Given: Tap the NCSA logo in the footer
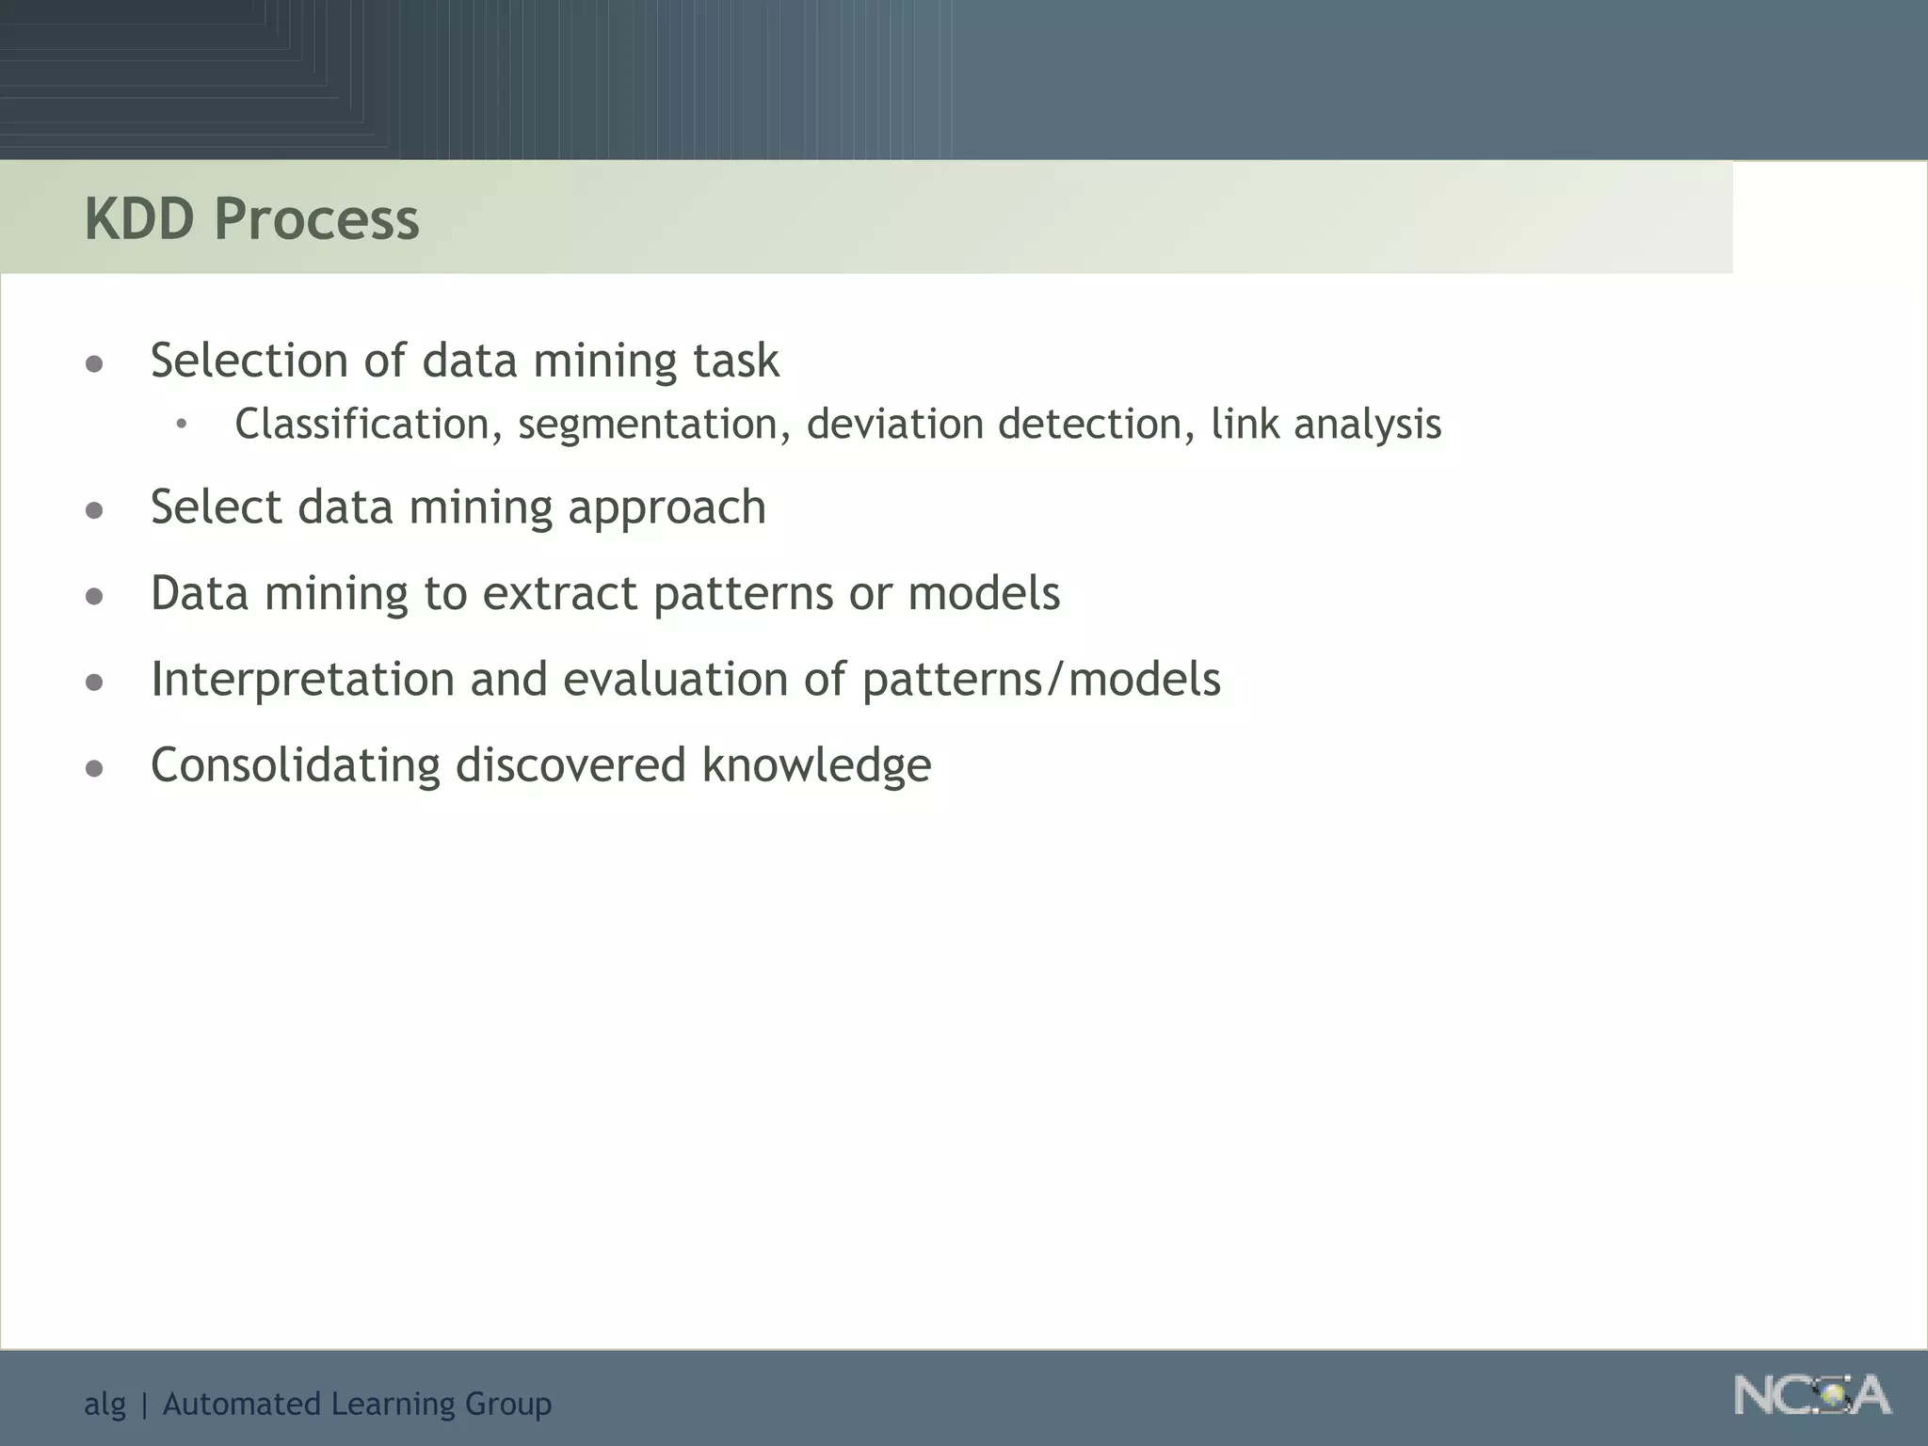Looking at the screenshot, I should [1811, 1396].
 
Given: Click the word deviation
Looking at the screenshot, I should [895, 425].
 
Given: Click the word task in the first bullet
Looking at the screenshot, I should [736, 361].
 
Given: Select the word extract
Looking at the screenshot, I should [560, 594].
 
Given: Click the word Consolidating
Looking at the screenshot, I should [296, 764].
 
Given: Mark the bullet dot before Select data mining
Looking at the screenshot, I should [94, 510].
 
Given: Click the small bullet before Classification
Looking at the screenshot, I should [181, 425].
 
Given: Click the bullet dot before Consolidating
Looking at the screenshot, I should [94, 768].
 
